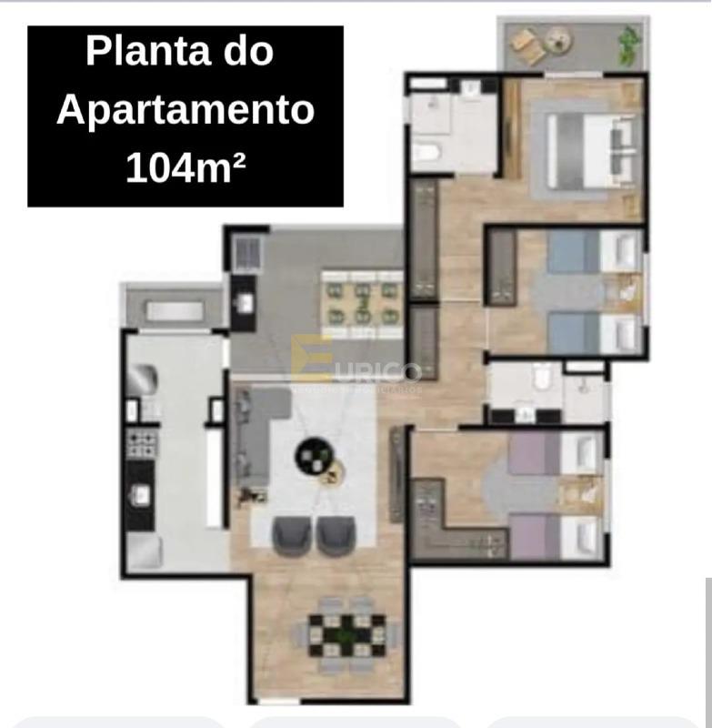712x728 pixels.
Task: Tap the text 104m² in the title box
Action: point(186,169)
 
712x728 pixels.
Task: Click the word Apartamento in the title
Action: point(186,110)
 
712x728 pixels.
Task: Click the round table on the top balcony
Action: point(557,39)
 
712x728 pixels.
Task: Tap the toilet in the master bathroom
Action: point(426,150)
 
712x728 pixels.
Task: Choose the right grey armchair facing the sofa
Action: point(336,535)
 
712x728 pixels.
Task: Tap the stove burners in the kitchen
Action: point(142,444)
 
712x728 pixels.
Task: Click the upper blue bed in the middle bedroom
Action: point(592,251)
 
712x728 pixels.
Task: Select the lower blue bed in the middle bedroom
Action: point(592,333)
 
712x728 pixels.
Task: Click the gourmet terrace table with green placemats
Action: point(363,303)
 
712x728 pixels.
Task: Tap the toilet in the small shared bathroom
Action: point(542,378)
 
